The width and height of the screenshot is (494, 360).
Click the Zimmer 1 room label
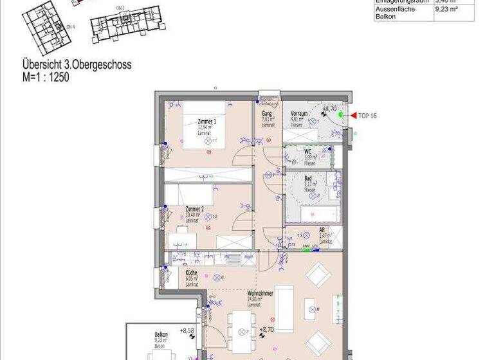(206, 122)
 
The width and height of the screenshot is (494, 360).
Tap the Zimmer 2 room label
(194, 210)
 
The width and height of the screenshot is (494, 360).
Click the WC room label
(308, 152)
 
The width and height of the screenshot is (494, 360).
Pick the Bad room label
(308, 179)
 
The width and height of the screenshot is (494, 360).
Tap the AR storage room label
(322, 230)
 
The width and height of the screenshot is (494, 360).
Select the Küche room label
(191, 273)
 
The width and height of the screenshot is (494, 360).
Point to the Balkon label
(161, 334)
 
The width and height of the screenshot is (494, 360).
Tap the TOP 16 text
(367, 116)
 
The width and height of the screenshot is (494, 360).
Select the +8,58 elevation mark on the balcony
(188, 331)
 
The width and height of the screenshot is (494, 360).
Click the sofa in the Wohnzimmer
(284, 308)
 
